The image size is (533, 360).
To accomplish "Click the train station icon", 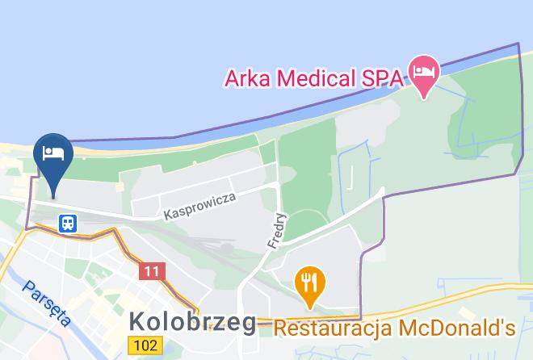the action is click(x=68, y=222).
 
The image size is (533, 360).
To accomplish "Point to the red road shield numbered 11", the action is click(x=151, y=271).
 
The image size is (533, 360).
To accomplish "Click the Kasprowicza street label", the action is click(x=200, y=207).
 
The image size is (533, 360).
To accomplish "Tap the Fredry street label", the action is click(x=276, y=231).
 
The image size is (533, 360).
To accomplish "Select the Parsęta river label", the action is click(x=46, y=302).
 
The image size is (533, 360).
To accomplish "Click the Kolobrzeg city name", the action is click(x=193, y=323).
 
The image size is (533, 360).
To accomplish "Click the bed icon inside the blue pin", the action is click(x=53, y=152).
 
